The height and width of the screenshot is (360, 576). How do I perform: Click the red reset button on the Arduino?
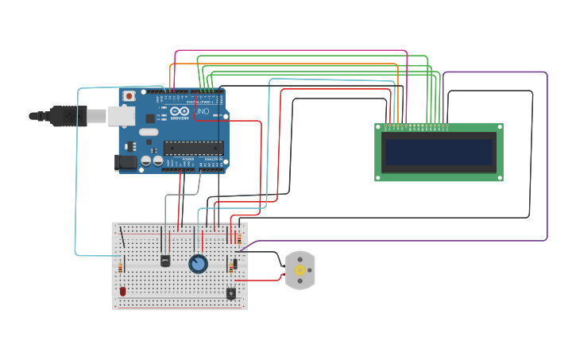click(x=129, y=95)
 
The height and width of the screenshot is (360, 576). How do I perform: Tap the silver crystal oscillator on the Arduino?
click(x=148, y=132)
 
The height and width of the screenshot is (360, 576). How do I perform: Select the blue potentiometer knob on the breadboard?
click(x=198, y=263)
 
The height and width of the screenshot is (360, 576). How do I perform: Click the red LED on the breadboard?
click(x=122, y=292)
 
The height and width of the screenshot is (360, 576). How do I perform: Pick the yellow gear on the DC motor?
click(x=300, y=270)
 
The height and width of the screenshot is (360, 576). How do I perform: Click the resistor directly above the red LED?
click(x=122, y=267)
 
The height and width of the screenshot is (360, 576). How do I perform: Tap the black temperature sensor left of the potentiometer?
click(x=165, y=260)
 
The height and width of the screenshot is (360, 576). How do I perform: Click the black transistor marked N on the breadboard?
click(x=230, y=293)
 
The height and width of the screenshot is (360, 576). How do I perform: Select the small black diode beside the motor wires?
click(x=234, y=265)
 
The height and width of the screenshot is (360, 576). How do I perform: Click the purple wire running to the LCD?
click(x=547, y=159)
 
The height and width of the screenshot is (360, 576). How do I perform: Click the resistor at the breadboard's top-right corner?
click(x=239, y=236)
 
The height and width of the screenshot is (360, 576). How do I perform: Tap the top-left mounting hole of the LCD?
click(x=379, y=127)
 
